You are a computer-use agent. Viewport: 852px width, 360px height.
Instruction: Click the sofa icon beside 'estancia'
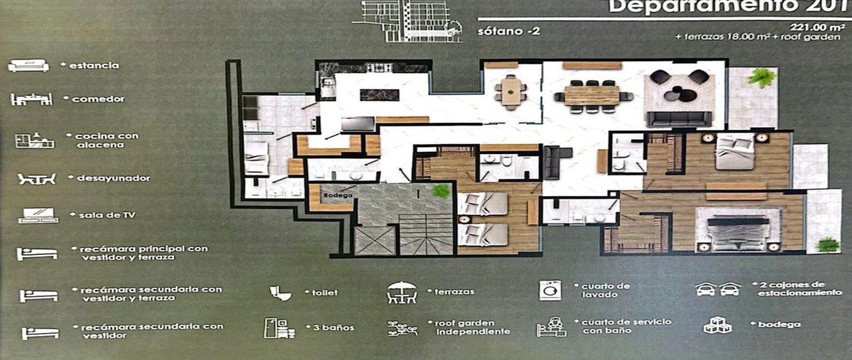click(28, 66)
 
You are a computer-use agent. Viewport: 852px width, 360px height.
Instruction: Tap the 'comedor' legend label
click(98, 99)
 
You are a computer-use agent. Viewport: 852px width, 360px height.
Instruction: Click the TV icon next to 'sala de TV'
click(38, 215)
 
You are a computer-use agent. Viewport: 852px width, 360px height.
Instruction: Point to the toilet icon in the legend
click(280, 293)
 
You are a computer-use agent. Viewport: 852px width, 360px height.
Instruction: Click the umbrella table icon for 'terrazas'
click(401, 293)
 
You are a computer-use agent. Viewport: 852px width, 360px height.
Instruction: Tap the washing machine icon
click(550, 290)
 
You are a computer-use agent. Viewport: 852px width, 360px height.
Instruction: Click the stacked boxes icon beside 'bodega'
click(717, 325)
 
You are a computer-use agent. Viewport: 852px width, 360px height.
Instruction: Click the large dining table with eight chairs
click(592, 95)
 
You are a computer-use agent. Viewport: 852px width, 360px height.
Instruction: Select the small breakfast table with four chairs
click(511, 91)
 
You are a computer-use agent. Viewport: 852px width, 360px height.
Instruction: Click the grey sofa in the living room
click(678, 118)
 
